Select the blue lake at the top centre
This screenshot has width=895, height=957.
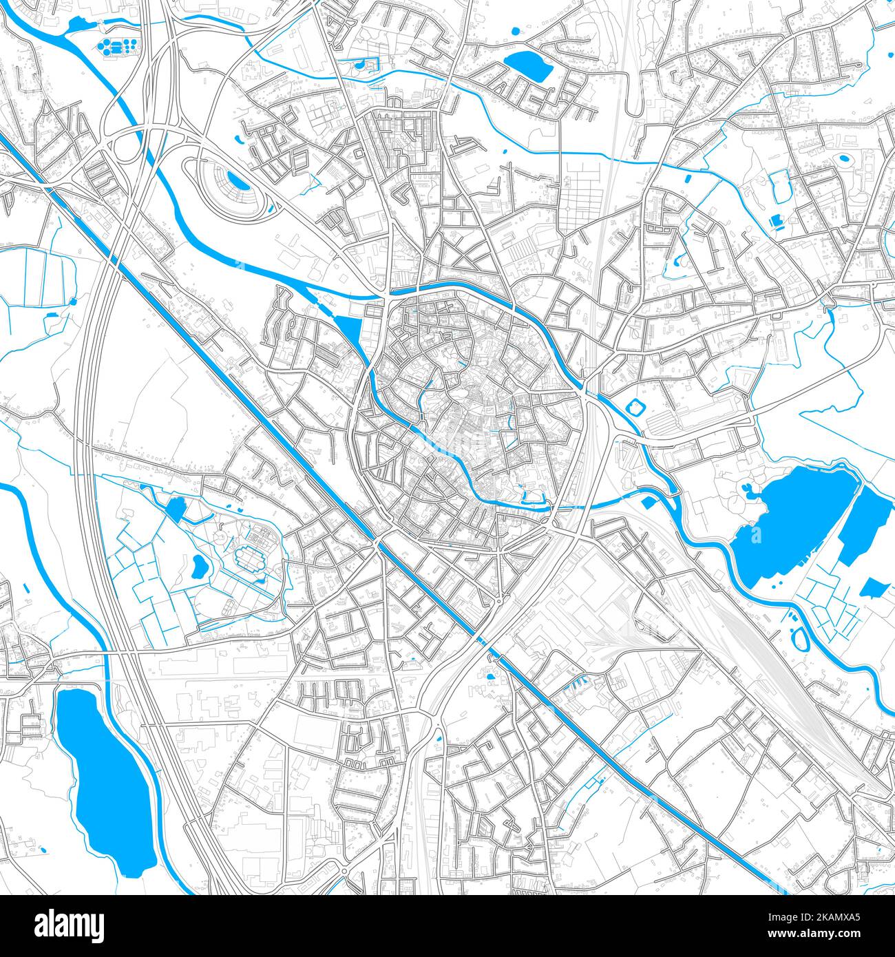click(x=528, y=65)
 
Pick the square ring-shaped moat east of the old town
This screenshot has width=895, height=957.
click(x=633, y=408)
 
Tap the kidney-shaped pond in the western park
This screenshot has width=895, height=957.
click(x=200, y=567)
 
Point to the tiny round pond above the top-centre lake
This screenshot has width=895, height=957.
click(x=515, y=31)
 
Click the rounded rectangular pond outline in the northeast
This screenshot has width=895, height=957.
click(x=781, y=186)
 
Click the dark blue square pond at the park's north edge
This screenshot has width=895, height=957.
click(x=176, y=508)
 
